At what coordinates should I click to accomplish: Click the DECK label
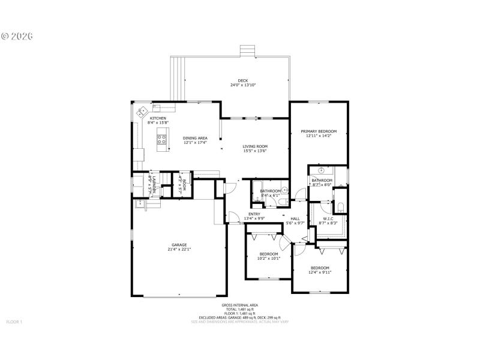click(242, 80)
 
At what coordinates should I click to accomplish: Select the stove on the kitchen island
click(161, 139)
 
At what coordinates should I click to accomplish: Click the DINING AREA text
click(195, 138)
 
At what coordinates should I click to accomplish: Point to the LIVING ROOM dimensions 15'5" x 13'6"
click(255, 151)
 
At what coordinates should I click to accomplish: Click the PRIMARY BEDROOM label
click(319, 131)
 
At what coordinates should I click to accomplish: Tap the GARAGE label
click(179, 245)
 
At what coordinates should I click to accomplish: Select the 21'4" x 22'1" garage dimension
click(179, 250)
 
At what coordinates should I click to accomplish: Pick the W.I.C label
click(328, 218)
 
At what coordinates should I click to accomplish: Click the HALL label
click(295, 218)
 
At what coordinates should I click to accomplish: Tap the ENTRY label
click(254, 214)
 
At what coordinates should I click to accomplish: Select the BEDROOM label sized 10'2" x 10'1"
click(268, 254)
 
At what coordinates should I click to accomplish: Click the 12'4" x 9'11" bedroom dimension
click(320, 272)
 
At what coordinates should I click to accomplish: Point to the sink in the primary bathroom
click(321, 170)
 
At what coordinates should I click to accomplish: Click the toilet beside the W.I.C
click(340, 208)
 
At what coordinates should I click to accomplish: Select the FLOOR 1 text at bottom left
click(14, 322)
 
